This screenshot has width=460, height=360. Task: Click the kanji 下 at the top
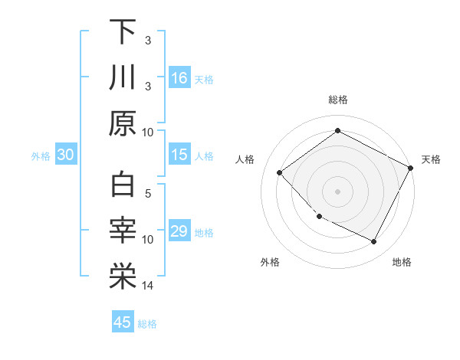(123, 32)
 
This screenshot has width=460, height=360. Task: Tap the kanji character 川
(123, 77)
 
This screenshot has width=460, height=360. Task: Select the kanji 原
(123, 123)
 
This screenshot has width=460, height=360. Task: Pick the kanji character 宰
(123, 231)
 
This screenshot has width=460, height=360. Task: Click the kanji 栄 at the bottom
(123, 277)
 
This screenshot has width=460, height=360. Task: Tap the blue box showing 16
(179, 77)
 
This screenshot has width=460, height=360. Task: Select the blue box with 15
(179, 155)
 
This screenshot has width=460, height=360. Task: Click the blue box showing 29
(179, 231)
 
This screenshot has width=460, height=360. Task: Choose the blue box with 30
(66, 155)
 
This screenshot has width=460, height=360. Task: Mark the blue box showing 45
(123, 322)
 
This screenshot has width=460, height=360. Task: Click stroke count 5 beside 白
(148, 195)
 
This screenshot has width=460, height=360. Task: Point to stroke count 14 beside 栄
(148, 286)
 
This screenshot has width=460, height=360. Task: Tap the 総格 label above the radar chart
(337, 100)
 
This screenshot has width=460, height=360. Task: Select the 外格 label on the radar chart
(270, 263)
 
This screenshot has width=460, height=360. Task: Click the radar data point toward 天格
(411, 169)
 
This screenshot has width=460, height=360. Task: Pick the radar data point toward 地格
(374, 242)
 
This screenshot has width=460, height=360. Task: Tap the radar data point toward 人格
(280, 172)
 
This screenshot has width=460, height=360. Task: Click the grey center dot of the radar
(337, 191)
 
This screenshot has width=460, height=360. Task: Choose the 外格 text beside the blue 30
(41, 155)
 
